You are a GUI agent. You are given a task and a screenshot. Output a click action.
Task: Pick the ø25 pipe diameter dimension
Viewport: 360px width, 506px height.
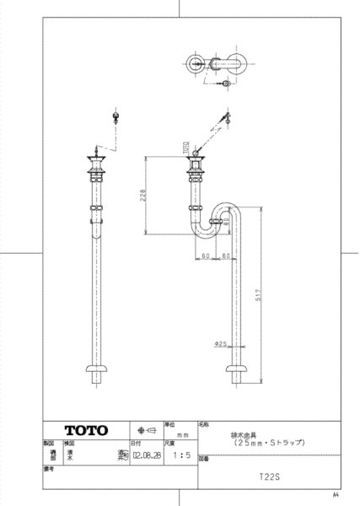pos(218,344)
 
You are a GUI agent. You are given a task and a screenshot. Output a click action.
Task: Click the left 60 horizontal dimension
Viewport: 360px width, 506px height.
pos(205,255)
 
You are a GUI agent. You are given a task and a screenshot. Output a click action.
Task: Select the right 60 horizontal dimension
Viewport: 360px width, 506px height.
pos(225,255)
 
